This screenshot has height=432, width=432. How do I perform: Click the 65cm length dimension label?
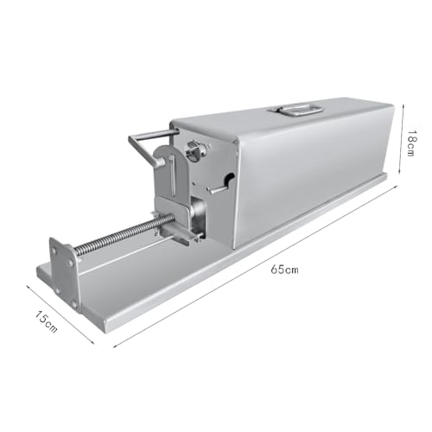pos(284,270)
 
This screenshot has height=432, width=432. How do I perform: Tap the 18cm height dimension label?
pos(411,143)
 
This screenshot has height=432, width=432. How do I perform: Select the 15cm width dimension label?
pos(46,321)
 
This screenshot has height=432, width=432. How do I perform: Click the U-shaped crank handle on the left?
pos(149,147)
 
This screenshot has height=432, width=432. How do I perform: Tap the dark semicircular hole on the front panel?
pos(229,179)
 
